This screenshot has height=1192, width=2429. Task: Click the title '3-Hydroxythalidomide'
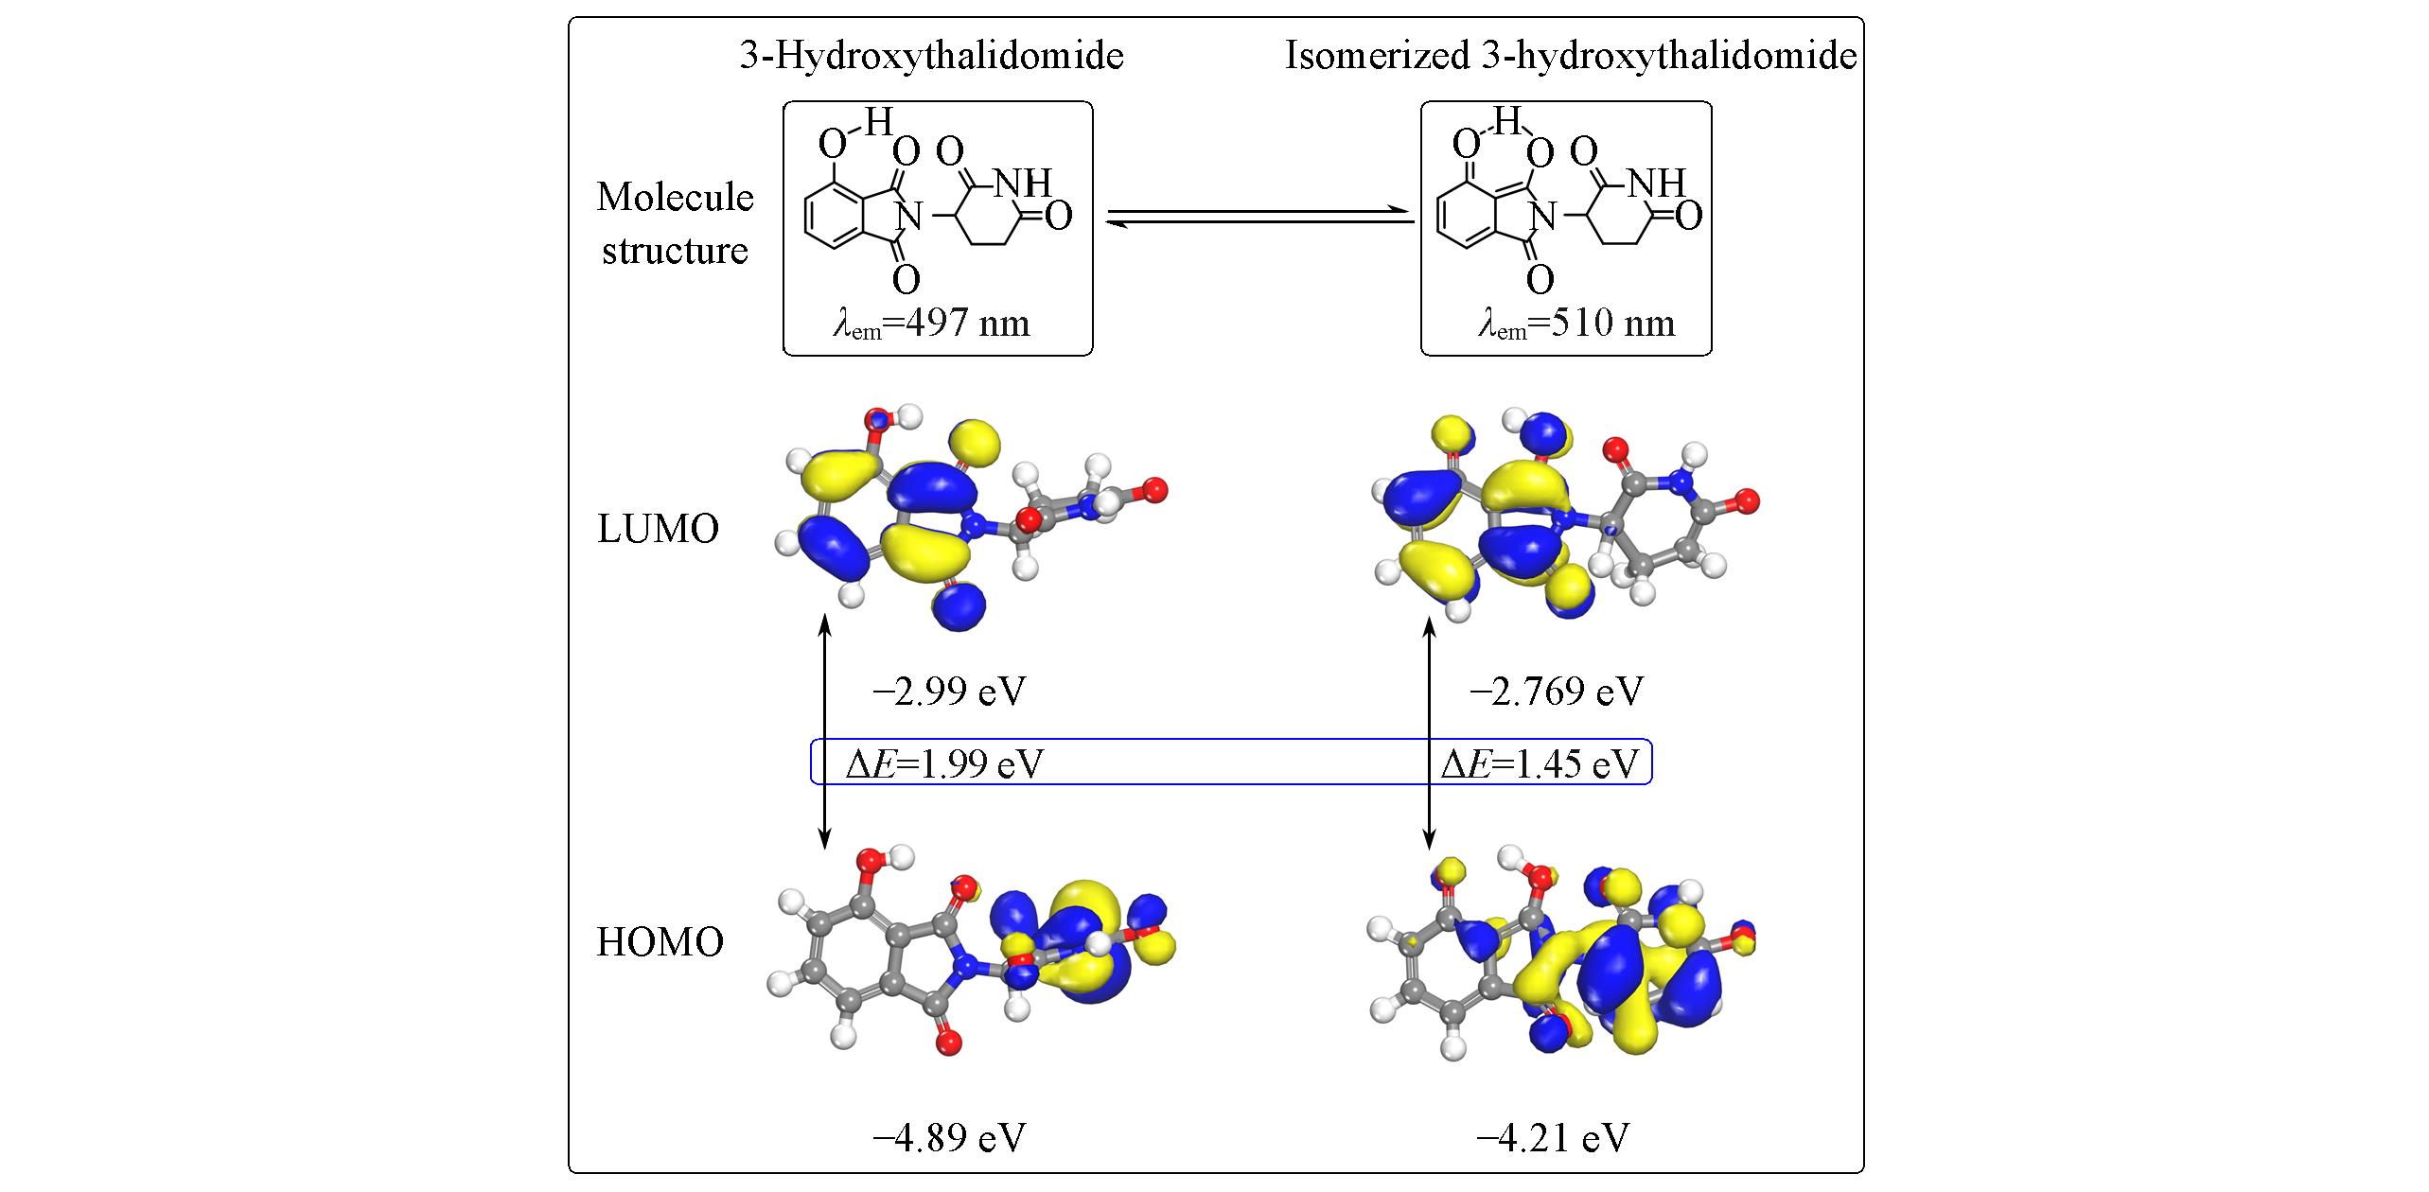pyautogui.click(x=931, y=57)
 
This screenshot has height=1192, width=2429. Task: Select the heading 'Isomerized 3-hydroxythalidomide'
pyautogui.click(x=1571, y=57)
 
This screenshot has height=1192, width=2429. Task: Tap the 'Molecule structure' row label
pyautogui.click(x=675, y=224)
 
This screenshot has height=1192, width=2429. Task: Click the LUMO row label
pyautogui.click(x=658, y=530)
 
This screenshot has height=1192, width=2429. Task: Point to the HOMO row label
pyautogui.click(x=660, y=942)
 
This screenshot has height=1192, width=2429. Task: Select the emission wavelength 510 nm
pyautogui.click(x=1576, y=324)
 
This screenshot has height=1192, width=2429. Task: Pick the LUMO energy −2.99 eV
pyautogui.click(x=949, y=692)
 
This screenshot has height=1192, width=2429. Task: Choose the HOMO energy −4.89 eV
pyautogui.click(x=949, y=1138)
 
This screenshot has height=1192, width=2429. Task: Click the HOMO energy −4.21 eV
pyautogui.click(x=1553, y=1138)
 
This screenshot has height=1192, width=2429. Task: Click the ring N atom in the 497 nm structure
pyautogui.click(x=909, y=219)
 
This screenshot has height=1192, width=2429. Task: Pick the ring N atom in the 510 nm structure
pyautogui.click(x=1543, y=219)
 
